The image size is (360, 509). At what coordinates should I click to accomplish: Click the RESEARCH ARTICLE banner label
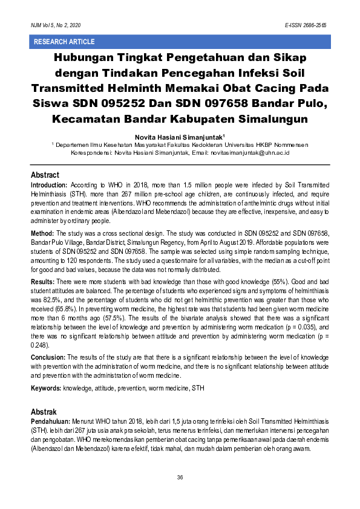coord(64,42)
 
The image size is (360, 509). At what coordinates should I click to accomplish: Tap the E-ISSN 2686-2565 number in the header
coord(306,26)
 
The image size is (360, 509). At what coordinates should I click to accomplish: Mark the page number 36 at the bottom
coord(180,478)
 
